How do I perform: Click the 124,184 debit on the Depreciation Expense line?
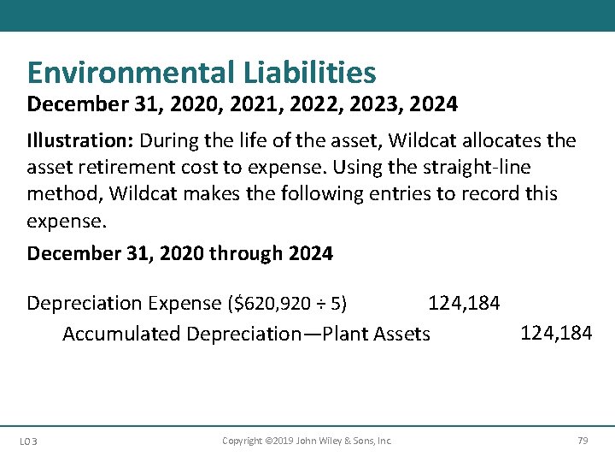point(464,303)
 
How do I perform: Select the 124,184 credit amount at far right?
point(556,333)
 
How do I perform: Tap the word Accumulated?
point(118,334)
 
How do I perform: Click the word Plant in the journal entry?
point(347,334)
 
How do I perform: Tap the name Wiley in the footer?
point(329,441)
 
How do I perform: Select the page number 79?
point(583,441)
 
